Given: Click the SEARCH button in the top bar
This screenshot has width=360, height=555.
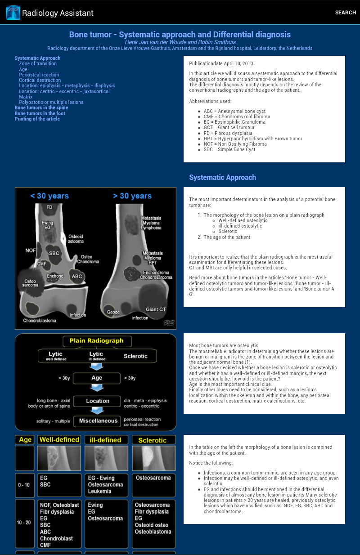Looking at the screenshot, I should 345,13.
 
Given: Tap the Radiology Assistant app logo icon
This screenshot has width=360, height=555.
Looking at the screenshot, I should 13,13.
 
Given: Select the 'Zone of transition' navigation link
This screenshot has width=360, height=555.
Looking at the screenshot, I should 38,64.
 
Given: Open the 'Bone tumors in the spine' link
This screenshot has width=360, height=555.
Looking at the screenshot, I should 41,108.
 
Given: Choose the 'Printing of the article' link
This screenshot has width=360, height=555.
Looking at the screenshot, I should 37,119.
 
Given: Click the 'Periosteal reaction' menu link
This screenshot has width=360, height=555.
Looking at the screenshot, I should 39,75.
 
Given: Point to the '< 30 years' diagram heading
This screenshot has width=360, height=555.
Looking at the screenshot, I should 49,196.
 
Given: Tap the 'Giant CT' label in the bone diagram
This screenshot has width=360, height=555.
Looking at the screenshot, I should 156,309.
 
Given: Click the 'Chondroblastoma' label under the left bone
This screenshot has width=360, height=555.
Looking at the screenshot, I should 40,321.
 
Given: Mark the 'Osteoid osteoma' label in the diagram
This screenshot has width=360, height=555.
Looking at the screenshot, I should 76,239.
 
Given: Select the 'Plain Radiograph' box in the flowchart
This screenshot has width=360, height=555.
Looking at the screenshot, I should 96,341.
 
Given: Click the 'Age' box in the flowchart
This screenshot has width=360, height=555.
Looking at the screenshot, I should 96,378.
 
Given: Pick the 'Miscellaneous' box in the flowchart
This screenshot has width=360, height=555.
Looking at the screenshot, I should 98,421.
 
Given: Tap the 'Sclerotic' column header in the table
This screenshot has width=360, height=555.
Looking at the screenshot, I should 152,440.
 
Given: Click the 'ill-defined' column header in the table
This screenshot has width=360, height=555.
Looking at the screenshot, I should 105,440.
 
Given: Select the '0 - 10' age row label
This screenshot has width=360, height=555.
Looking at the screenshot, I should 25,485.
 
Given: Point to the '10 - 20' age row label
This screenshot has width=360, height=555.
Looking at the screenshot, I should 25,523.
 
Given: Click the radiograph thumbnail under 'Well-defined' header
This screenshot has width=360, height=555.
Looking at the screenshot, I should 59,458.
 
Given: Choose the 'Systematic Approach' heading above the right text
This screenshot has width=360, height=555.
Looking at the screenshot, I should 222,178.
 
